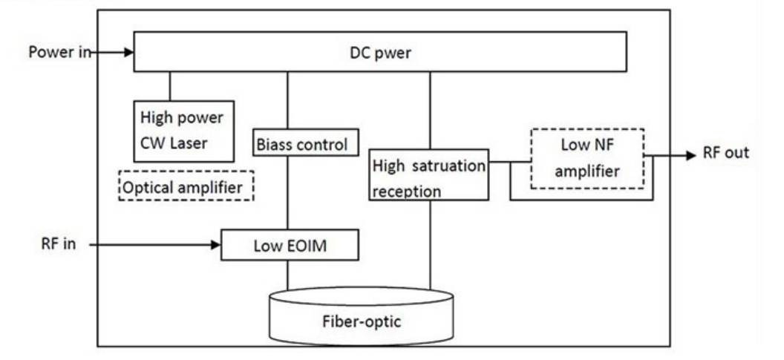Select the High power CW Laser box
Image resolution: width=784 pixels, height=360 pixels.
coord(183,131)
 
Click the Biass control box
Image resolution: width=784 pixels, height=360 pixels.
coord(301,143)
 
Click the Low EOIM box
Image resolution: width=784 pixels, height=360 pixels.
coord(290,246)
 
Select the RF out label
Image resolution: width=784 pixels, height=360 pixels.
coord(725,154)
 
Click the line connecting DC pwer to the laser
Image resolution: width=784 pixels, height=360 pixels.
coord(170,86)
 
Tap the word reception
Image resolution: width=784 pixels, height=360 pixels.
coord(408,191)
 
